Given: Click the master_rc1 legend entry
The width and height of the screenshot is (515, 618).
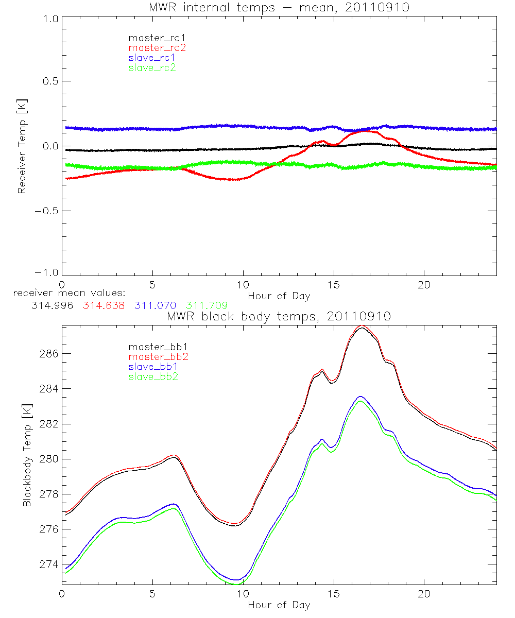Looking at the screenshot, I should click(152, 38).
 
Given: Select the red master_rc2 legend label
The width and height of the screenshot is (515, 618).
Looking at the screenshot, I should click(157, 47).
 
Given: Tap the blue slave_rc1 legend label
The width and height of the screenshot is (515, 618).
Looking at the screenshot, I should click(152, 57).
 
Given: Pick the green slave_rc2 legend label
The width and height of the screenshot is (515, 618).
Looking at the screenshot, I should click(152, 67).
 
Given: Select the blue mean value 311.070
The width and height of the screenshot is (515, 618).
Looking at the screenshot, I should click(156, 305).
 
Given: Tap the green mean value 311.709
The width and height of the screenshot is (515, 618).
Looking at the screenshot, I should click(207, 305).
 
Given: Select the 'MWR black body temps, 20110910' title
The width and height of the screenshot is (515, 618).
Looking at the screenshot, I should click(279, 317).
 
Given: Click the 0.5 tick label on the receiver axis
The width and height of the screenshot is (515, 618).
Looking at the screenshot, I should click(48, 81).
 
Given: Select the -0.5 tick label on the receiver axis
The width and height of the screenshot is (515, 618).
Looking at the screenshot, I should click(46, 211).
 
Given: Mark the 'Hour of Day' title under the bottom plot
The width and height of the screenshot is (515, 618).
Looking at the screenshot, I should click(279, 605).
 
